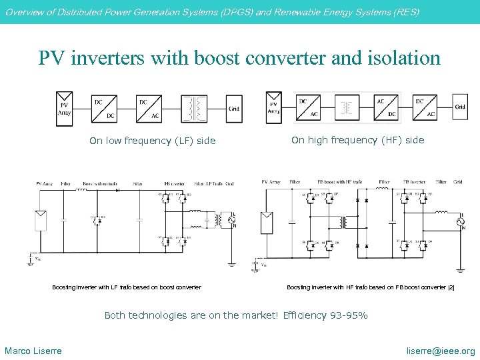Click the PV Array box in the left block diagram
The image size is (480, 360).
tap(64, 109)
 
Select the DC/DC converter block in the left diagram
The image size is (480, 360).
tap(103, 109)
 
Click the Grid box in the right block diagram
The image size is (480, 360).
tap(460, 106)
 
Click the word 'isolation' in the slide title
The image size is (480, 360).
tap(405, 58)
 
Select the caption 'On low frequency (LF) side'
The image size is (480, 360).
tap(153, 141)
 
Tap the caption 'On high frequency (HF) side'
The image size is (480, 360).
tap(357, 140)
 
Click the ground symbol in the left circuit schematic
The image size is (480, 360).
tap(231, 263)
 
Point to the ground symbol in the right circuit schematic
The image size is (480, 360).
tap(460, 269)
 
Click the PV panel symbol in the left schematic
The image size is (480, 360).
tap(41, 220)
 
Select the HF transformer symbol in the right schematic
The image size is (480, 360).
tap(345, 222)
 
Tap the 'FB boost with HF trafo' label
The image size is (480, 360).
tap(340, 181)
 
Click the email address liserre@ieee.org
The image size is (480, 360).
tap(441, 351)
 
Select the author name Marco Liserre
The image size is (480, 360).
tap(33, 351)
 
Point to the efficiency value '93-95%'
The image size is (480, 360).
tap(349, 315)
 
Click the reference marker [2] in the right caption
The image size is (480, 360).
tap(451, 287)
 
